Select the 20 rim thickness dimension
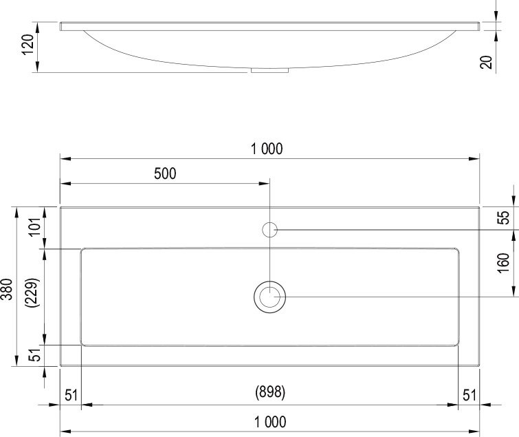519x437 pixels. (487, 62)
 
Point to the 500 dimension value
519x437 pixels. (165, 173)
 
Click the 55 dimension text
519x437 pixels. (504, 217)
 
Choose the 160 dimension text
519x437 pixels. (504, 262)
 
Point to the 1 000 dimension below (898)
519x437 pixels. (269, 421)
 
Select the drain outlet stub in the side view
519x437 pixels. (270, 70)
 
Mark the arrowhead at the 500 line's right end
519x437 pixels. (265, 184)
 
